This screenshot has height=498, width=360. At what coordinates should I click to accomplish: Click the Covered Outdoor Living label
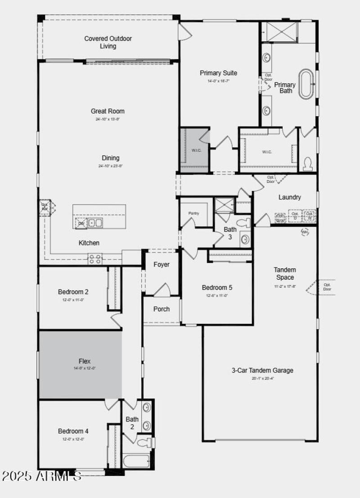click(x=108, y=42)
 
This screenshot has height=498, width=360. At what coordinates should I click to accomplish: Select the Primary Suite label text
click(x=218, y=73)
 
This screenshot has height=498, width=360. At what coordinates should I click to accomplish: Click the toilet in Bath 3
click(x=244, y=222)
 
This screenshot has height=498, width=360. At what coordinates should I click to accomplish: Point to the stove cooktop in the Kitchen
click(x=95, y=259)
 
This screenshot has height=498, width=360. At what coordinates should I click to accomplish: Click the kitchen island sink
click(x=95, y=222)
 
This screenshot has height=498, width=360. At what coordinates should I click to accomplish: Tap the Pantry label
click(x=193, y=213)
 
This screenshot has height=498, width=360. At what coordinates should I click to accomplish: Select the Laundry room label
click(x=289, y=197)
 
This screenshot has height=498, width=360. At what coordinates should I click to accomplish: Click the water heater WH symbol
click(x=305, y=232)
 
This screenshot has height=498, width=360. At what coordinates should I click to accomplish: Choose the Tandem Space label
click(x=285, y=273)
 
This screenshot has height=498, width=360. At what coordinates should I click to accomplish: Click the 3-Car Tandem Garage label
click(x=262, y=371)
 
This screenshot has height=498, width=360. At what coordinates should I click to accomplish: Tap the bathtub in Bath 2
click(x=136, y=461)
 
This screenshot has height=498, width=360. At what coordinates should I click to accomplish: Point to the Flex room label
click(x=85, y=361)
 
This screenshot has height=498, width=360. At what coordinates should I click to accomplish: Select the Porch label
click(x=161, y=309)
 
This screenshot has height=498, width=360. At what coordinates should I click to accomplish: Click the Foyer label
click(x=161, y=264)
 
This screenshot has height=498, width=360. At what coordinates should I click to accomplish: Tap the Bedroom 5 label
click(x=217, y=288)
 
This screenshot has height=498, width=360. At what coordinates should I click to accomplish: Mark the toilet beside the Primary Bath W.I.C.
click(x=309, y=163)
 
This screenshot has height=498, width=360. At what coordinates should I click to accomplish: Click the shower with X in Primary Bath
click(x=279, y=31)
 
